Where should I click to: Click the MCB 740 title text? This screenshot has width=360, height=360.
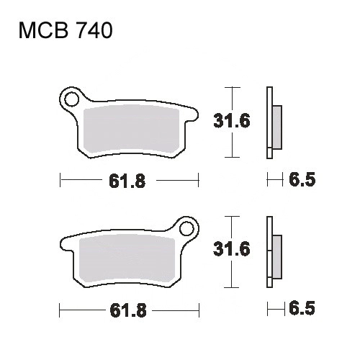pyautogui.click(x=66, y=30)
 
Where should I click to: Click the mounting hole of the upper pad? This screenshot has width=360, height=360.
pyautogui.click(x=72, y=99)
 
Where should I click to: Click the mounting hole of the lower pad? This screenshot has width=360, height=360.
pyautogui.click(x=186, y=229)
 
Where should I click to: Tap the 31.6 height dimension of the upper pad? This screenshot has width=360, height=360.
pyautogui.click(x=232, y=120)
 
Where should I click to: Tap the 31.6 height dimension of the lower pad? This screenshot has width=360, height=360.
pyautogui.click(x=232, y=249)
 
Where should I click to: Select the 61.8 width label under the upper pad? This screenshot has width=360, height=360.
pyautogui.click(x=127, y=181)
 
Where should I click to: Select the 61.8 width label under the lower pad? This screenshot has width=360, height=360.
pyautogui.click(x=128, y=310)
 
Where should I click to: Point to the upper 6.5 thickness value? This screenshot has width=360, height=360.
pyautogui.click(x=302, y=179)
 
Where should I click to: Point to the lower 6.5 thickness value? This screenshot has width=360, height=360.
pyautogui.click(x=302, y=308)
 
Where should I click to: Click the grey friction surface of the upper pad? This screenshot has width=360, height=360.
pyautogui.click(x=131, y=130)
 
